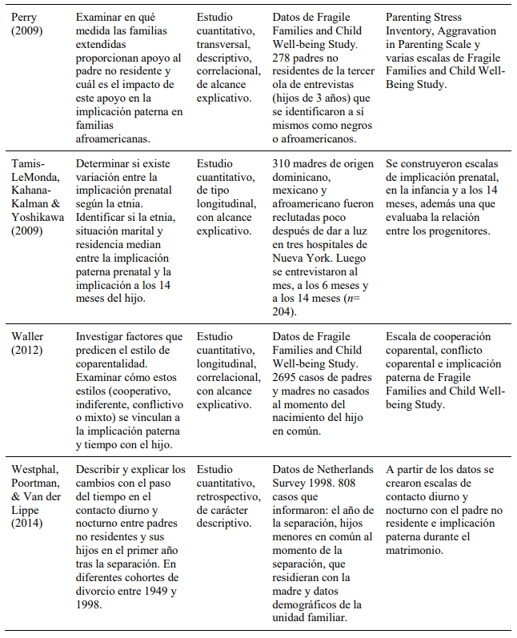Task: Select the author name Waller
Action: pos(28,337)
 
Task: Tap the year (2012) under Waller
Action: pos(28,351)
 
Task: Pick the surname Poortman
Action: pos(34,484)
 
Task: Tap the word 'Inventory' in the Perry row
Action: pos(408,30)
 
